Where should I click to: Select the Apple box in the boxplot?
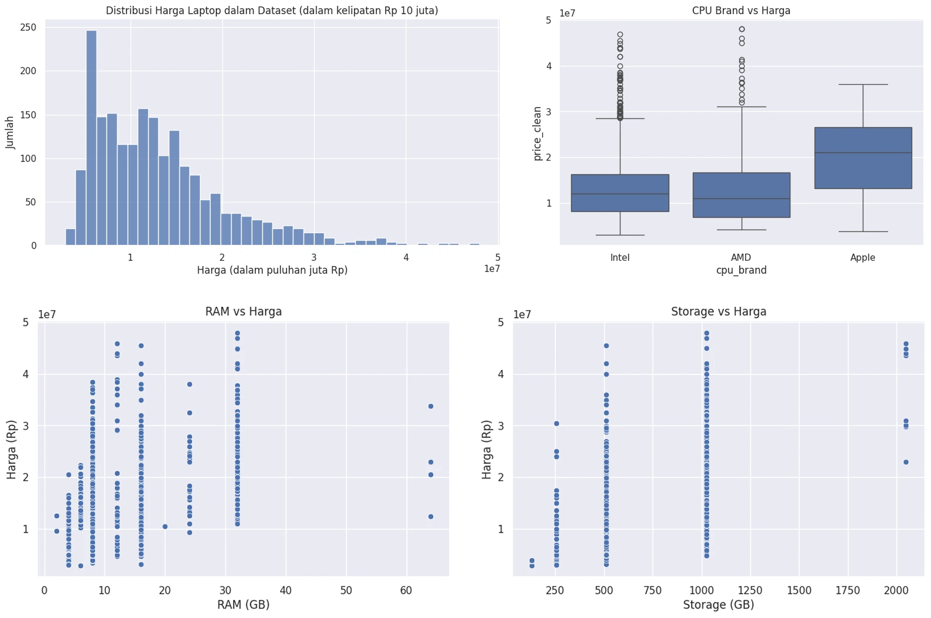tap(863, 158)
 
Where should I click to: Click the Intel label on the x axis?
tap(620, 257)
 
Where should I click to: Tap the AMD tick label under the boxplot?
tap(741, 257)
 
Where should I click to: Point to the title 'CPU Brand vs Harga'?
tap(741, 11)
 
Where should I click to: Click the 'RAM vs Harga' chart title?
tap(243, 311)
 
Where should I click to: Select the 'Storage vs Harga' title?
tap(719, 311)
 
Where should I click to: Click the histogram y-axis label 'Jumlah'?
tap(9, 132)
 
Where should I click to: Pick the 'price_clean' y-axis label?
tap(537, 134)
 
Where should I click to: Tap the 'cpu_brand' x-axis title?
tap(741, 270)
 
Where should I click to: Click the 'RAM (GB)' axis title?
tap(243, 604)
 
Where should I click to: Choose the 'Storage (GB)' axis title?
tap(719, 604)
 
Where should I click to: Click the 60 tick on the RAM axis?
tap(406, 590)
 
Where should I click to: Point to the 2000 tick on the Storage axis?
tap(896, 590)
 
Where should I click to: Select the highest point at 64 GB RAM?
tap(431, 406)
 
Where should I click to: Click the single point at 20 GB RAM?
tap(165, 527)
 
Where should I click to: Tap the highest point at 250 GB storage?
tap(556, 424)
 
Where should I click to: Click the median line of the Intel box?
tap(620, 194)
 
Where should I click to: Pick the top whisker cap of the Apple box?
tap(863, 84)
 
